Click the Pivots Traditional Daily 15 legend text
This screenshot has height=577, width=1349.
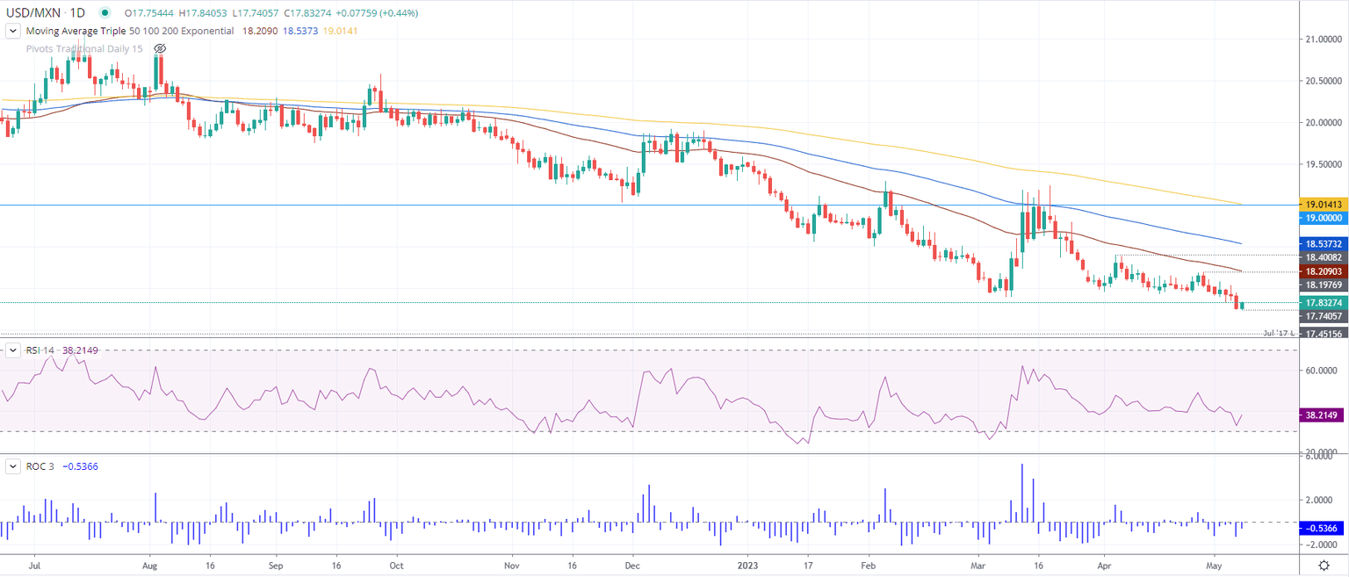[84, 47]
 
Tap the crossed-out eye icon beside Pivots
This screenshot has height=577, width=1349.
[160, 47]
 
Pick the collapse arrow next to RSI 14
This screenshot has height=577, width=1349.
[12, 350]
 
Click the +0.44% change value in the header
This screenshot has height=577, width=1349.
[400, 13]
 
